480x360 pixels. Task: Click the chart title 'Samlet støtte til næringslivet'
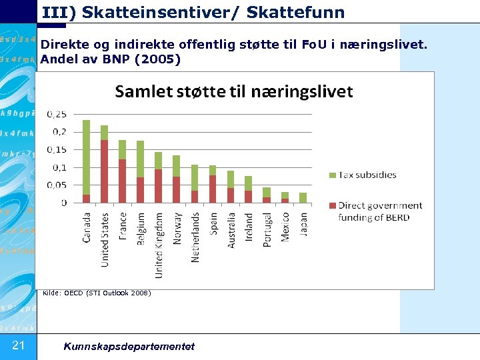[234, 91]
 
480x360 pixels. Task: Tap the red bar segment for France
[122, 181]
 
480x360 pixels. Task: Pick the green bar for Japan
[303, 197]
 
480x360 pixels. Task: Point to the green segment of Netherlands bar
[194, 177]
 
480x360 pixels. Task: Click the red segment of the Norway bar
[176, 189]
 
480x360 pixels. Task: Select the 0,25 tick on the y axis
[56, 115]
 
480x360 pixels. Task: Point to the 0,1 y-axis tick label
[59, 167]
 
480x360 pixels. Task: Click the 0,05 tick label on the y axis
[56, 185]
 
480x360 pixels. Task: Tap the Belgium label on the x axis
[141, 229]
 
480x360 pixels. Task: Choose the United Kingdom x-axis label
[159, 245]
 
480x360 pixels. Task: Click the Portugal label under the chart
[267, 230]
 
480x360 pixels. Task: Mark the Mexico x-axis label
[285, 227]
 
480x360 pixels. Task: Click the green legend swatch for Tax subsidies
[333, 175]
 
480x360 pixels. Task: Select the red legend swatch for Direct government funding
[333, 206]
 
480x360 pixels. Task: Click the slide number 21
[19, 345]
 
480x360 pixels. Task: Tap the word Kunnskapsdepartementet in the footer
[129, 346]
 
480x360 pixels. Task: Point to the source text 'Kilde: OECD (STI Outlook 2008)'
[97, 293]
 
